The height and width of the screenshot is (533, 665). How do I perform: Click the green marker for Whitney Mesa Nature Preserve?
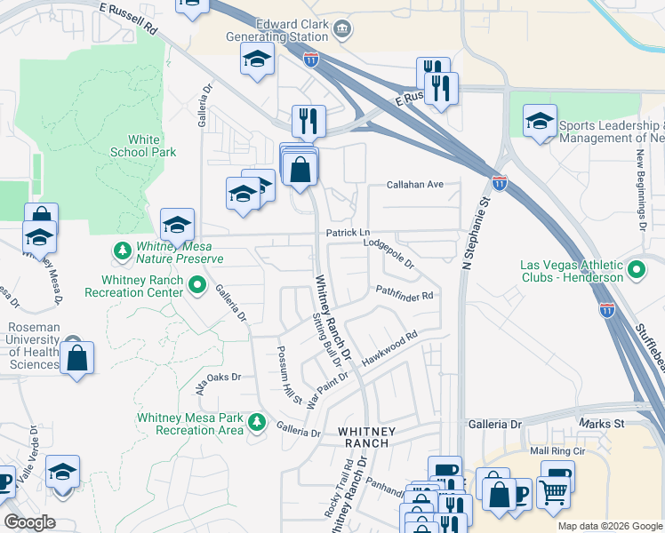click(x=122, y=251)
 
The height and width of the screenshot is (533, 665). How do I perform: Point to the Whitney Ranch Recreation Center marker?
click(x=198, y=287)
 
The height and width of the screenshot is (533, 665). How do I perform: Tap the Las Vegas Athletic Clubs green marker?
click(x=636, y=268)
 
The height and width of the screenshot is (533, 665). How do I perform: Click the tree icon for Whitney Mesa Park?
click(x=257, y=422)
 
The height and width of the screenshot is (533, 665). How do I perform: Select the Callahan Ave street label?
click(x=414, y=185)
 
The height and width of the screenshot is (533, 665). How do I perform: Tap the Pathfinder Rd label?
click(x=404, y=292)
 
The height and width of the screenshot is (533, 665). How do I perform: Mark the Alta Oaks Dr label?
click(x=219, y=377)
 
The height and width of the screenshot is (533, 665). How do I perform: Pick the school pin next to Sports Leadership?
click(x=540, y=123)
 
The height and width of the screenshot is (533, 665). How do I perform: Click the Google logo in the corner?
click(x=29, y=522)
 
